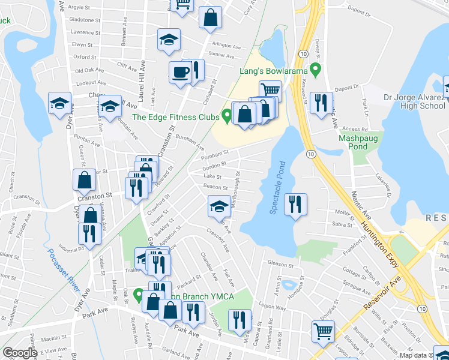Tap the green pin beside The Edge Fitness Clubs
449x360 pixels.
click(x=226, y=115)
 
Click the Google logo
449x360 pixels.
click(x=20, y=353)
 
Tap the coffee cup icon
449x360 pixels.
click(x=180, y=73)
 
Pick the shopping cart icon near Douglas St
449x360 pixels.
click(x=323, y=331)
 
